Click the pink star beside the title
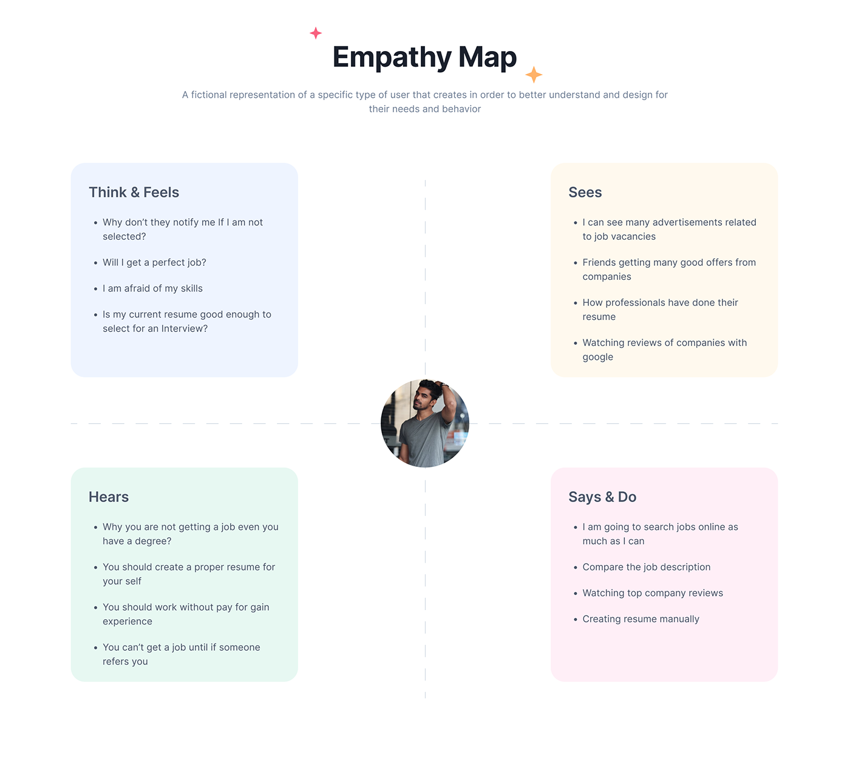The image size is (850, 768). pos(316,33)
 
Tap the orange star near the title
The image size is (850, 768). pos(534,75)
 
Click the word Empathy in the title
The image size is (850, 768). pos(392,58)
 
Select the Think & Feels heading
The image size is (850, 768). pos(134,192)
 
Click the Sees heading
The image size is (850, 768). pos(585,192)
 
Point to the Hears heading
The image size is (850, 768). pos(109,497)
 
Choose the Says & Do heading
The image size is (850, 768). pos(602,497)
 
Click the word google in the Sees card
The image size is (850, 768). pos(597,358)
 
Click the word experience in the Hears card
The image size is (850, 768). pos(127,622)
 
